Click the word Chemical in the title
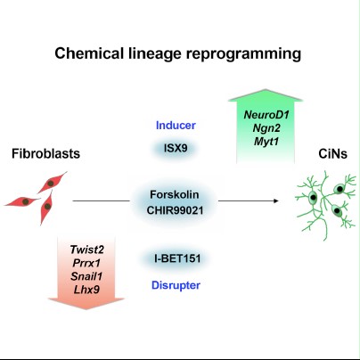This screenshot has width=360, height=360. tap(89, 53)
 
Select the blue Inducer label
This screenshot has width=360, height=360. tap(176, 126)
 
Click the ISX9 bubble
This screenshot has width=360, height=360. tap(176, 148)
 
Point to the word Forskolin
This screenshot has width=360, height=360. tap(175, 194)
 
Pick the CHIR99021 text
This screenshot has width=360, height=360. tap(175, 210)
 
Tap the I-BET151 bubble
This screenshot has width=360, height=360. tap(177, 258)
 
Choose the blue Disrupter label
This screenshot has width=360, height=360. tap(176, 285)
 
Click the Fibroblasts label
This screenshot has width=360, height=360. tap(45, 153)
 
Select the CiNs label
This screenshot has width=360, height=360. tap(332, 154)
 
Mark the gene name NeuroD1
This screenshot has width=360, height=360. tap(266, 115)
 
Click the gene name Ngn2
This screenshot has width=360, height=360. tap(266, 128)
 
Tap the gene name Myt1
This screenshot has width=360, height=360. tap(266, 142)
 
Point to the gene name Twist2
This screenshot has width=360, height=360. tap(87, 250)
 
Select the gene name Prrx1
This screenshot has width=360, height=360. tap(86, 263)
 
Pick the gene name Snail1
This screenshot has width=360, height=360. tap(86, 276)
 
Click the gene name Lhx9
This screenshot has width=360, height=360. tap(86, 290)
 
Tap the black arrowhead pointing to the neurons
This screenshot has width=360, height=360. tap(276, 201)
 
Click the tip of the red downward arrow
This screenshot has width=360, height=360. tap(86, 309)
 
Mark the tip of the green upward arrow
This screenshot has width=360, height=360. tap(266, 89)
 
